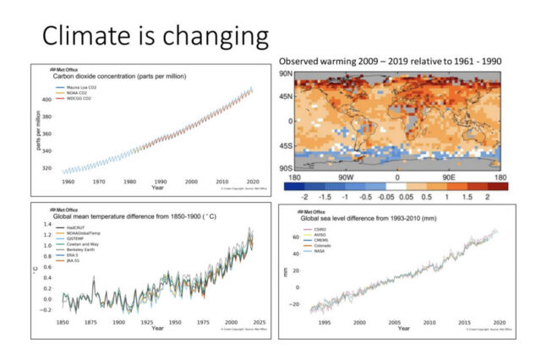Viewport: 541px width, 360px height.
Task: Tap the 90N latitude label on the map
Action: point(288,74)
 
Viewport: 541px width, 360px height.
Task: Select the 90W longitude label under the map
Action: point(345,178)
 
